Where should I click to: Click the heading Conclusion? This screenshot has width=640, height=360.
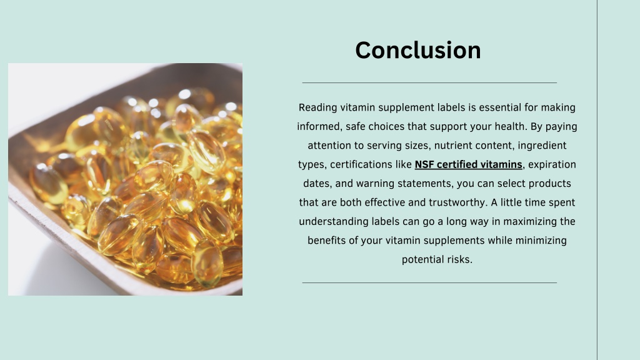418,50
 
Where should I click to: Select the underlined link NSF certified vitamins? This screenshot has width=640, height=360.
468,164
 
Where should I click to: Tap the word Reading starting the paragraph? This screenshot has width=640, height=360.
318,107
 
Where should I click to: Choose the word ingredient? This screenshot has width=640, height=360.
542,146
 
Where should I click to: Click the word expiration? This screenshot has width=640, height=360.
552,165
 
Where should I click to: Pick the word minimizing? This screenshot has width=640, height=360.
541,241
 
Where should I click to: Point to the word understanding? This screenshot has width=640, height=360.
334,222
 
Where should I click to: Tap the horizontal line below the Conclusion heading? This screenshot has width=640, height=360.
429,83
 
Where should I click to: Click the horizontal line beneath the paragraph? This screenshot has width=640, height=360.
429,282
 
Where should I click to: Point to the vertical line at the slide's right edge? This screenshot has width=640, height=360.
597,180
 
